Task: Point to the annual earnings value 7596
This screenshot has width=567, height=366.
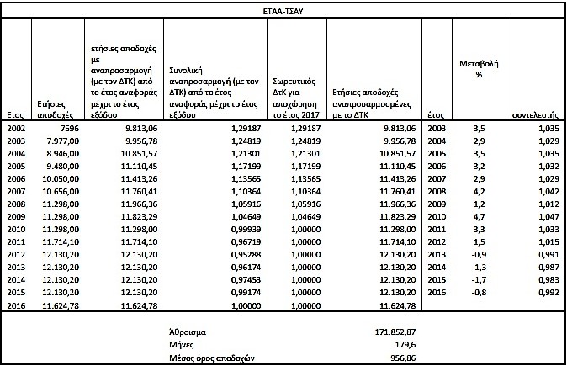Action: click(67, 127)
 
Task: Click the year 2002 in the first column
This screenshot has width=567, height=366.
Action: click(15, 127)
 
